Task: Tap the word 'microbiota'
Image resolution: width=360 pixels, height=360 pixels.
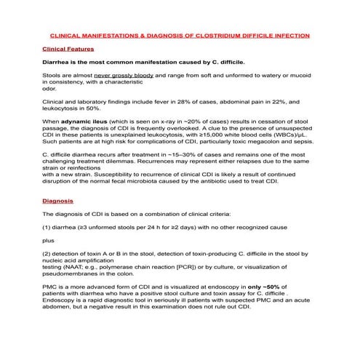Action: [166, 182]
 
